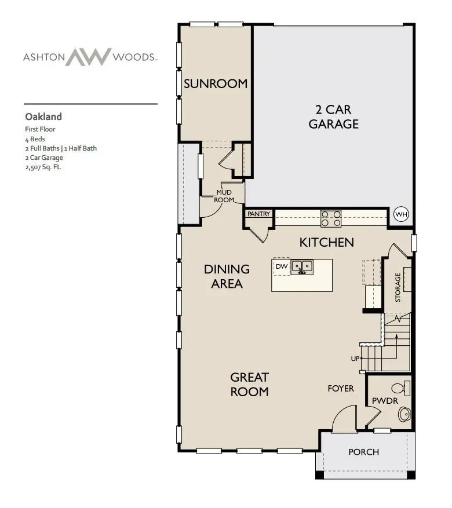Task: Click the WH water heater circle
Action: click(401, 214)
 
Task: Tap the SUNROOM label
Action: click(216, 83)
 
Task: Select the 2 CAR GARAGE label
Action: click(333, 116)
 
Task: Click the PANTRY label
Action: click(258, 214)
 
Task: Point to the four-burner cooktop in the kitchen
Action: click(331, 218)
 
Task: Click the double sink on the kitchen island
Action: click(302, 267)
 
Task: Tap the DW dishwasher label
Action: click(282, 266)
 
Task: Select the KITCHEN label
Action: click(326, 242)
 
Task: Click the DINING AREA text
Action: click(227, 276)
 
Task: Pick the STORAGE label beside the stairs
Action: click(398, 287)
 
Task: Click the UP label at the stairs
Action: click(355, 359)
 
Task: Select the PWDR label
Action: click(383, 401)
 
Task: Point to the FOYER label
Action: click(341, 388)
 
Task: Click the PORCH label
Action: click(363, 452)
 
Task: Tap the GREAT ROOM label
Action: click(249, 384)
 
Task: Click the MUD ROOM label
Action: click(224, 196)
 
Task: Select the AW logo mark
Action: click(88, 57)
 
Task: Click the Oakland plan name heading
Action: click(43, 116)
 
